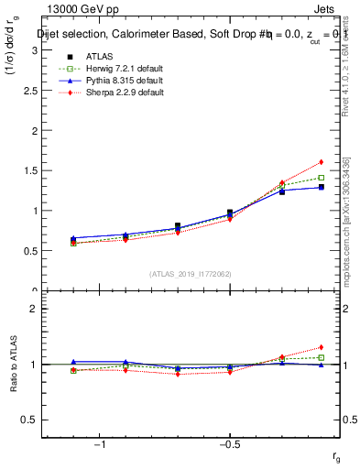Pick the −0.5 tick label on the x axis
[x=229, y=444]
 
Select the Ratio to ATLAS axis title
[x=14, y=365]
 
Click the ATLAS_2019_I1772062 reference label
[x=190, y=273]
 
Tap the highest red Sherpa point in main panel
[x=322, y=162]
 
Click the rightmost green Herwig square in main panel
[x=322, y=178]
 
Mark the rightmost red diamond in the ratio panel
[x=322, y=347]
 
